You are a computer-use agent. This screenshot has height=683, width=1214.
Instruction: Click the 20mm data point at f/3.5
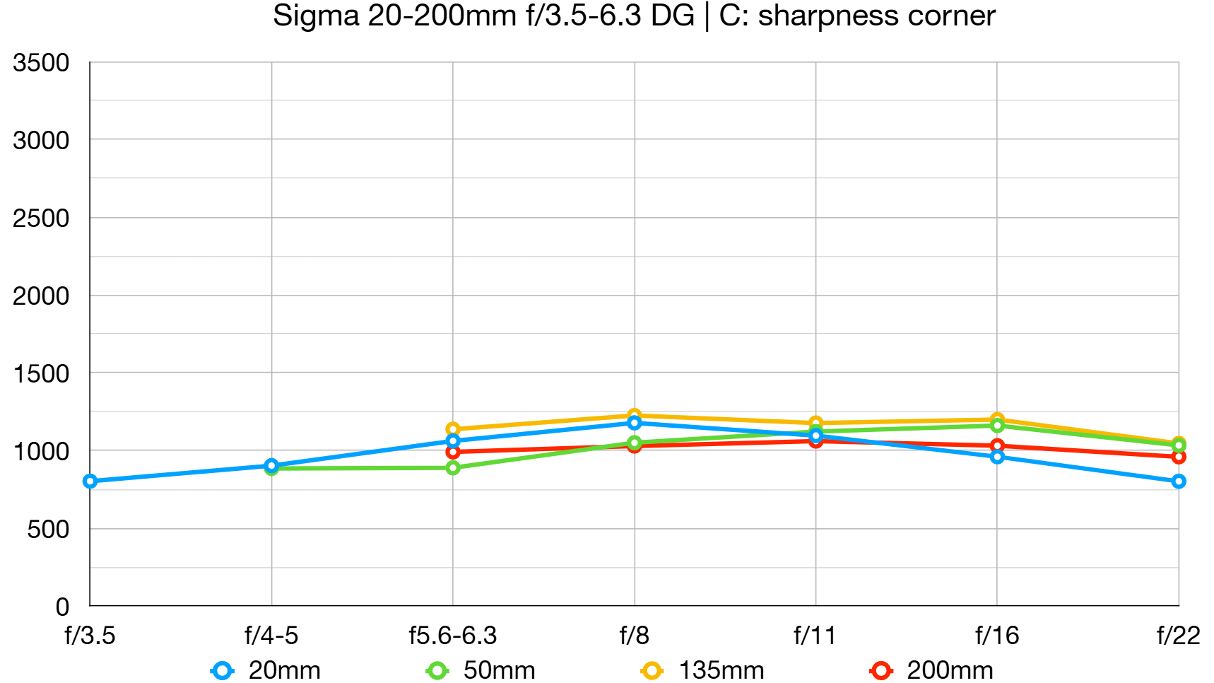pos(90,481)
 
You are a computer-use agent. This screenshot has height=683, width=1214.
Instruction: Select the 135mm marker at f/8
pos(634,416)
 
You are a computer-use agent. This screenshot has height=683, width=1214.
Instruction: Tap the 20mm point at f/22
pos(1178,481)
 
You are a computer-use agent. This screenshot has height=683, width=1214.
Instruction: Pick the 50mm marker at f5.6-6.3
pos(453,468)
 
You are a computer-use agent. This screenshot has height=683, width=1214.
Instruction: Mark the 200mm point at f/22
pos(1178,457)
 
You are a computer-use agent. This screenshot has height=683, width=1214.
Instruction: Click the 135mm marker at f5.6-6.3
pos(453,429)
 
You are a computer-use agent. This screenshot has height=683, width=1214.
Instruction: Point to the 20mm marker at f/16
pos(997,457)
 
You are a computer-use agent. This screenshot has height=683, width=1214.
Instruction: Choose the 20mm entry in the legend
pos(266,670)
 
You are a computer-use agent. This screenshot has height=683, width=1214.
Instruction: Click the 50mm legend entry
pos(481,670)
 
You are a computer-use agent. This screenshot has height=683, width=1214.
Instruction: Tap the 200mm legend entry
pos(932,670)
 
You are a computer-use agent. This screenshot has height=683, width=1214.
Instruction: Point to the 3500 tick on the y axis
pos(41,63)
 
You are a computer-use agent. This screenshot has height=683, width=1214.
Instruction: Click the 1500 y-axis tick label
pos(41,373)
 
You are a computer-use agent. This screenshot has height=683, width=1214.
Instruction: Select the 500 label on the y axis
pos(48,529)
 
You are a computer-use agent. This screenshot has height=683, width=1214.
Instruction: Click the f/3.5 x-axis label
pos(90,636)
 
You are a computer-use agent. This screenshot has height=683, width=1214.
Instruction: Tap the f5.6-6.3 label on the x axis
pos(453,636)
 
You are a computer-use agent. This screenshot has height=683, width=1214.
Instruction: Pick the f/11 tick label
pos(815,636)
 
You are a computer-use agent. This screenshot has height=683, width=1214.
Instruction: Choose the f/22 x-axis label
pos(1178,636)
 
